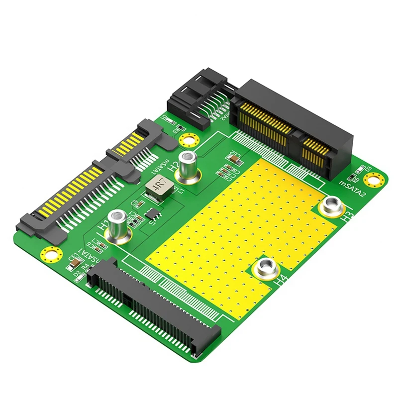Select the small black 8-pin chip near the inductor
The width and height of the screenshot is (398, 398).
(x=153, y=214)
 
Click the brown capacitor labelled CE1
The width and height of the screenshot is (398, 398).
(x=75, y=258)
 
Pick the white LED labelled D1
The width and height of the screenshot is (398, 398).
(x=168, y=121)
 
